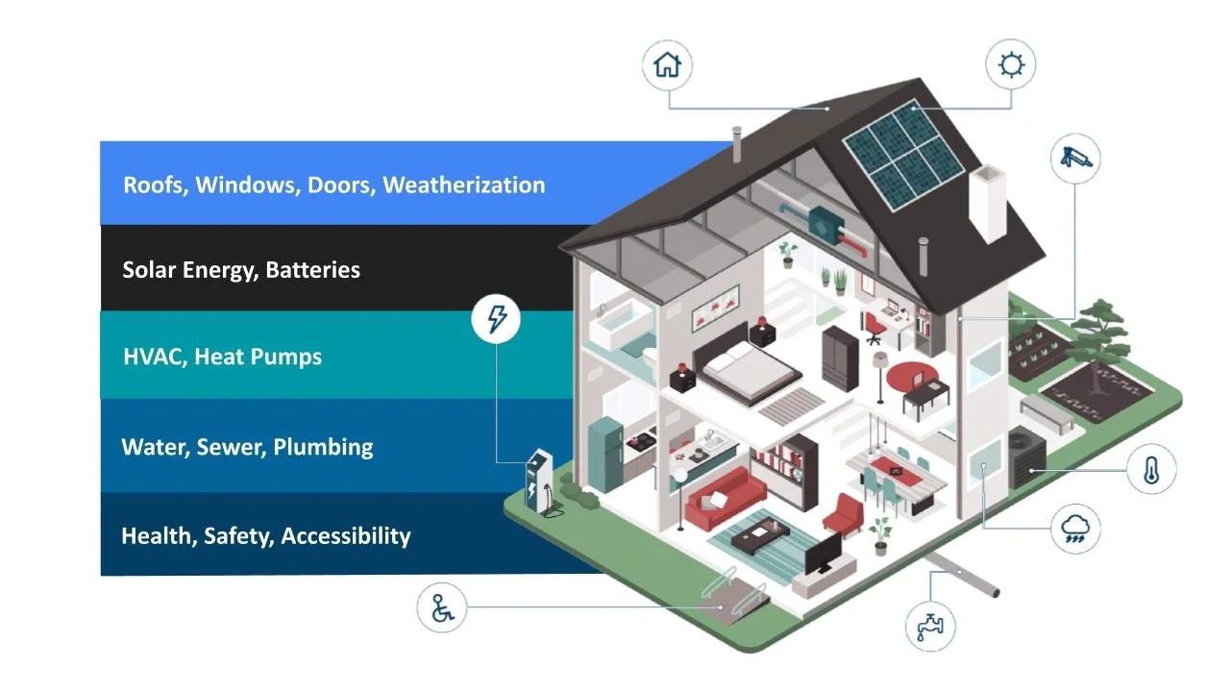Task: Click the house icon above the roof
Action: coord(667,65)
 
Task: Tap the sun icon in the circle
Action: coord(1011,65)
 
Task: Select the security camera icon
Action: coord(1075,159)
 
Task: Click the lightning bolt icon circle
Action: coord(496,318)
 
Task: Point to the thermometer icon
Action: coord(1151,470)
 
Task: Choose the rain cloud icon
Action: coord(1075,529)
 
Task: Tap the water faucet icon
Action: coord(930,626)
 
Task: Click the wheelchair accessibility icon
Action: coord(442,608)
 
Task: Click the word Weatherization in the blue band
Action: coord(463,185)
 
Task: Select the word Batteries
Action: coord(312,270)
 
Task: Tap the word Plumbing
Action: coord(323,447)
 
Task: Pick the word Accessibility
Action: coord(345,536)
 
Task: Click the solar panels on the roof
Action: coord(902,154)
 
